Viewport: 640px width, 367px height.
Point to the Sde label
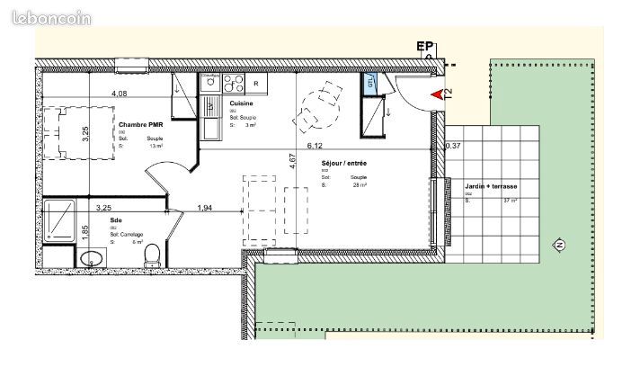(x=115, y=219)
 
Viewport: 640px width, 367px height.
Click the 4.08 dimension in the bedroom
(x=119, y=93)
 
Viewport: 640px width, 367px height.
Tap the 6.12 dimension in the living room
(x=315, y=145)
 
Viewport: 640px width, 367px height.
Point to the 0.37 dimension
(x=453, y=146)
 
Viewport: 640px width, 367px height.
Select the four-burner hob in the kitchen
(x=234, y=84)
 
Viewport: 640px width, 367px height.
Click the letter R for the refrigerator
(x=257, y=85)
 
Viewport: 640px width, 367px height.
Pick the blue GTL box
(x=369, y=83)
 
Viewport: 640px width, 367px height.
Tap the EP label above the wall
(x=425, y=46)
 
